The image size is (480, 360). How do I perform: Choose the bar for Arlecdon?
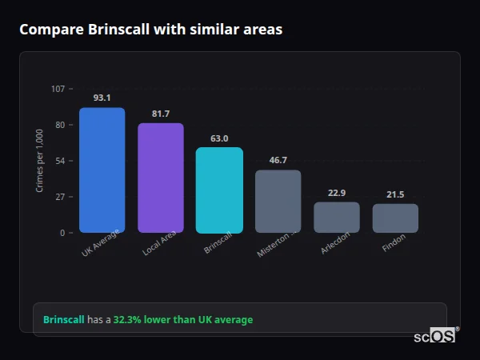(336, 218)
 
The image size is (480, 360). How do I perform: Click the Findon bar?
(395, 218)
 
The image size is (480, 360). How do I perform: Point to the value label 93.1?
(102, 98)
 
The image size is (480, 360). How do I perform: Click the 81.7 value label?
(160, 114)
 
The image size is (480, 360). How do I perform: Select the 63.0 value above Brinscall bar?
(219, 138)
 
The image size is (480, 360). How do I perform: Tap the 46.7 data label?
(278, 160)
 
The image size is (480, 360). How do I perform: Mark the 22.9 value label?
(336, 193)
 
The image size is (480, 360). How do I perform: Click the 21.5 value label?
(395, 194)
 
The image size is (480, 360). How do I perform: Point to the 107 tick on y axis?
(58, 89)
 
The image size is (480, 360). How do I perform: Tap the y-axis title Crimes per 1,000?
(40, 161)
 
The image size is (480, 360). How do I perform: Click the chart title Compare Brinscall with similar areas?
(150, 30)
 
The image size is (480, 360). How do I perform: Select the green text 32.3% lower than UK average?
(182, 320)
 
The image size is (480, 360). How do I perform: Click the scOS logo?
(435, 336)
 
